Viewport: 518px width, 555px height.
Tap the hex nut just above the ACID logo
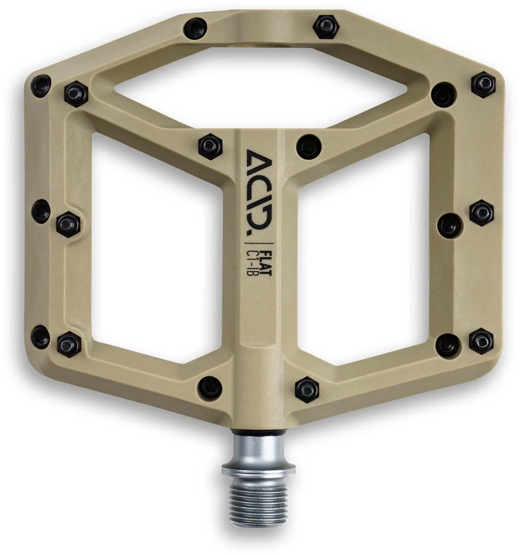click(x=211, y=146)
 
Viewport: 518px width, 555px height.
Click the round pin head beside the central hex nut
click(x=308, y=147)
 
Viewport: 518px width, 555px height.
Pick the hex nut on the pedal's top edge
click(x=325, y=26)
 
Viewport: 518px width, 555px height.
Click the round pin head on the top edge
click(x=195, y=28)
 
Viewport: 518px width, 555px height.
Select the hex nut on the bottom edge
click(x=307, y=389)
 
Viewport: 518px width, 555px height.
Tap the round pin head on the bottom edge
click(x=210, y=387)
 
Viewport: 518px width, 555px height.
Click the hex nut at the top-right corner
click(x=483, y=84)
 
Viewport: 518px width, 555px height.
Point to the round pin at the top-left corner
click(x=41, y=86)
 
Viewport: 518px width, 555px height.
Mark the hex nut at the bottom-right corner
click(x=481, y=341)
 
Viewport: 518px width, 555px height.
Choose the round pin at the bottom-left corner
click(x=40, y=337)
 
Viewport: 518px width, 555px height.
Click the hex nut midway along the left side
click(x=68, y=224)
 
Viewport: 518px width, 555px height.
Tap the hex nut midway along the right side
click(x=482, y=213)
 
